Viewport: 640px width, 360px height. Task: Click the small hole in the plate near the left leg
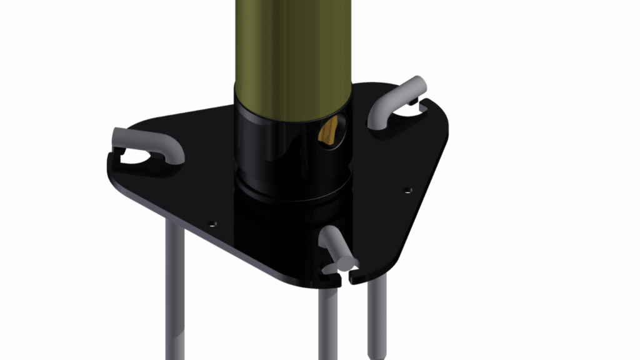pyautogui.click(x=212, y=222)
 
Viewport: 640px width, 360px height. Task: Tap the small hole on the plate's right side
pyautogui.click(x=408, y=189)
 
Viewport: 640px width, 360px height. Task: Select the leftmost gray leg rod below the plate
pyautogui.click(x=175, y=287)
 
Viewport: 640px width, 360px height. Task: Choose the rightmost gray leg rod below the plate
pyautogui.click(x=376, y=312)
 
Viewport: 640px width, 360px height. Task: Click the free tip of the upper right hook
pyautogui.click(x=417, y=84)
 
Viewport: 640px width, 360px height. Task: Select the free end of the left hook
pyautogui.click(x=119, y=134)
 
